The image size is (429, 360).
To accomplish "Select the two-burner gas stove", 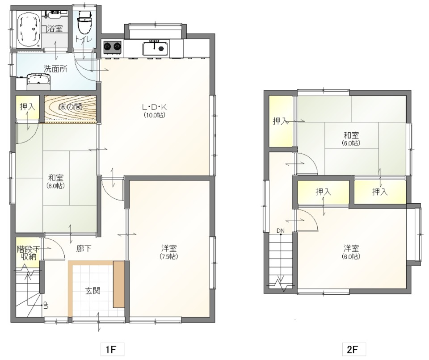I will tap(112, 46).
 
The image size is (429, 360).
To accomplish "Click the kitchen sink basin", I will tap(155, 48).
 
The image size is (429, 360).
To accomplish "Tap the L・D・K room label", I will tap(154, 107).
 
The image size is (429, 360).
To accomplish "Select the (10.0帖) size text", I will tap(154, 115).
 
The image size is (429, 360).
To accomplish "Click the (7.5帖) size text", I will tap(169, 257).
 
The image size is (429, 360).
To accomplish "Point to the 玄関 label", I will tap(93, 291).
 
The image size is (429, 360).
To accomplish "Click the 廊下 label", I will tap(83, 249).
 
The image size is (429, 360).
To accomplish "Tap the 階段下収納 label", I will tap(26, 253).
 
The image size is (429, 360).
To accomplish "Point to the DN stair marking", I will tap(280, 231).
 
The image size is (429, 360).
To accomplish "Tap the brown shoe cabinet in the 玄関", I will tap(118, 284).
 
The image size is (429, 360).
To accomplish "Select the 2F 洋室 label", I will tap(351, 248).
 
